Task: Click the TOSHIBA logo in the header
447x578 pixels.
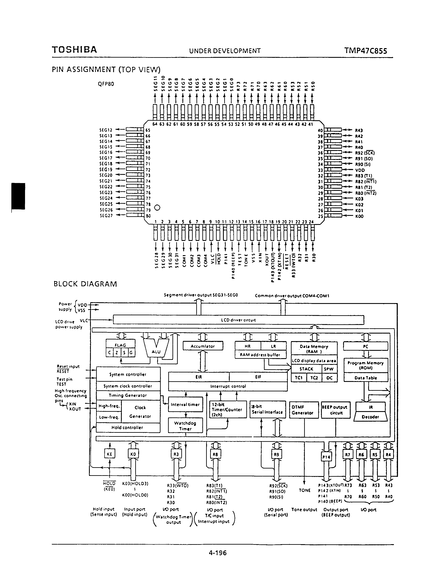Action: pos(74,50)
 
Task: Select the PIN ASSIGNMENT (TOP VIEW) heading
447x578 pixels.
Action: pos(106,70)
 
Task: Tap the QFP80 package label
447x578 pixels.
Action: pos(106,84)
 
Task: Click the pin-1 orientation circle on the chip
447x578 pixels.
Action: pos(157,208)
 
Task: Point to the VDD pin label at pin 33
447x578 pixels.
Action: pos(360,170)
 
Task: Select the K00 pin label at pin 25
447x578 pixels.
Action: pos(359,216)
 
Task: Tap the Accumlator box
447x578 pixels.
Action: pos(203,346)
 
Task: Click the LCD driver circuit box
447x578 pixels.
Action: pos(238,320)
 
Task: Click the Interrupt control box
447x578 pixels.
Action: pos(228,386)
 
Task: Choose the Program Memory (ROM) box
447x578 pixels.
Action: pos(366,366)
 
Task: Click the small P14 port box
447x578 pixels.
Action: pos(326,457)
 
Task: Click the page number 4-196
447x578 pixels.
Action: pos(218,553)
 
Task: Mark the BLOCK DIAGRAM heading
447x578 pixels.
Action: pos(85,284)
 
